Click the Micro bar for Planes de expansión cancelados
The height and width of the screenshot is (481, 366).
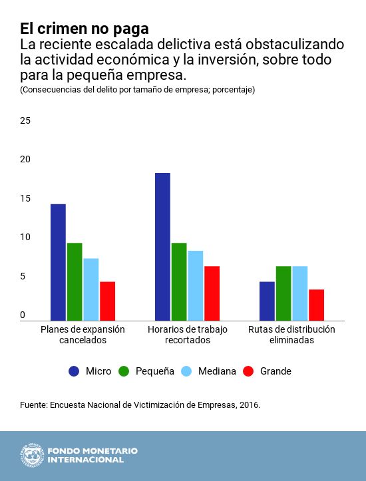(58, 262)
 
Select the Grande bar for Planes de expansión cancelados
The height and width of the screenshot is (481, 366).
(107, 301)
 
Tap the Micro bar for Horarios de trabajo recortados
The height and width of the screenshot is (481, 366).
(162, 246)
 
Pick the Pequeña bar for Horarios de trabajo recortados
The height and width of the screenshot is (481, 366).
(179, 281)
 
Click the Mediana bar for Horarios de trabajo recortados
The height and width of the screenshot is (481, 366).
(196, 285)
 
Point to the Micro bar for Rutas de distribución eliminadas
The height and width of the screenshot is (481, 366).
(267, 301)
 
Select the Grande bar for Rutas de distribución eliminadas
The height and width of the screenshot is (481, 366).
(316, 305)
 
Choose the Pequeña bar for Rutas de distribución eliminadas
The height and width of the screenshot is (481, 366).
(283, 293)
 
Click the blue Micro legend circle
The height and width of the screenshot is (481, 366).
(75, 371)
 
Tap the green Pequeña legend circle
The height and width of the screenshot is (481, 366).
(124, 371)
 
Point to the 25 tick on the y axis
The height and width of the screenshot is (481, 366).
(25, 121)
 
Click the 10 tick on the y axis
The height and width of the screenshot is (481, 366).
(25, 238)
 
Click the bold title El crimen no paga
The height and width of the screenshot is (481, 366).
(84, 29)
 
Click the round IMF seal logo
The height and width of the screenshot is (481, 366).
(31, 455)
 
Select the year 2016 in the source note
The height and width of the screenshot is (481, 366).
(248, 404)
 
